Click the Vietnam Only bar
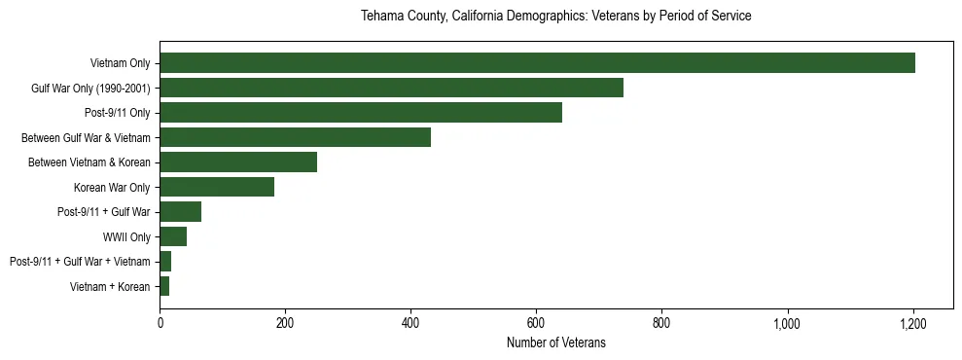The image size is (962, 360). point(537,63)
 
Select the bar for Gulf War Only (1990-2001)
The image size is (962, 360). point(391,89)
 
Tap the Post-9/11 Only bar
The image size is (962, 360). point(361,113)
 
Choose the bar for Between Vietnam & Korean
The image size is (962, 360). point(238,162)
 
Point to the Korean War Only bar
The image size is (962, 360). point(217,187)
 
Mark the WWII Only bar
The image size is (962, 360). point(173,236)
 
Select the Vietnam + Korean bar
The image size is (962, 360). point(164,286)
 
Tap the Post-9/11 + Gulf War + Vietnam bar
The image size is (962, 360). point(165,261)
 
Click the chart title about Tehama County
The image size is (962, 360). point(555,17)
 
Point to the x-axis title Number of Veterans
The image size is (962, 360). point(555,342)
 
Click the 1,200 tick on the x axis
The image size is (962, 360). point(912,322)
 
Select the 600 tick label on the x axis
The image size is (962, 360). point(536,322)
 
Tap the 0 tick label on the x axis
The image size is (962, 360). point(160,322)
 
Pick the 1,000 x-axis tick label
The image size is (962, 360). point(787,322)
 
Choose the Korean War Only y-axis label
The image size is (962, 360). point(112,187)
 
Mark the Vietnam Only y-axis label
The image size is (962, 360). point(120,63)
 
